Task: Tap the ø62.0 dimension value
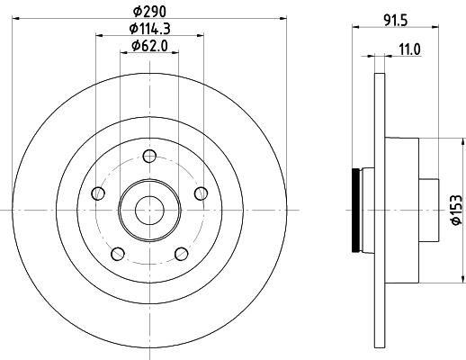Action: (148, 46)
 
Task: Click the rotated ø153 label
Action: (456, 209)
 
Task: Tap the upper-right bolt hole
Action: (200, 193)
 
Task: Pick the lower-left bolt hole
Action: (117, 253)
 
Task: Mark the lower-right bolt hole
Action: (180, 253)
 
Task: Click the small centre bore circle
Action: (148, 210)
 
